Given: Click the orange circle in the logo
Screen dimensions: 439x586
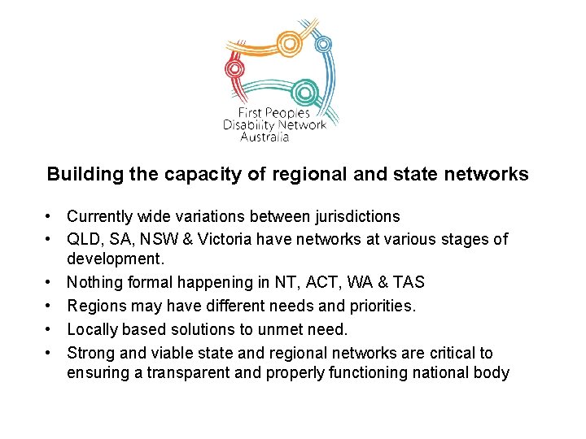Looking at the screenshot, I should (x=289, y=41).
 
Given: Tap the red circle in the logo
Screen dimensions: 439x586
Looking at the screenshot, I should (x=235, y=67).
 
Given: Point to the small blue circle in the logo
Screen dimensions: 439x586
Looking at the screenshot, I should (x=323, y=44).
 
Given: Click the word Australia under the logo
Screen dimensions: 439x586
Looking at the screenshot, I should (x=265, y=137).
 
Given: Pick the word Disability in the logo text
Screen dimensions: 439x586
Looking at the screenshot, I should (x=248, y=125).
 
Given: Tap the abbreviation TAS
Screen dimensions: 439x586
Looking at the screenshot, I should (x=408, y=282).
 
